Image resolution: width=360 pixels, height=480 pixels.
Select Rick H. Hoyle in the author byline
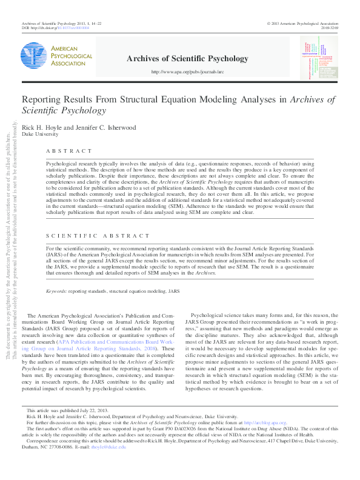[42, 127]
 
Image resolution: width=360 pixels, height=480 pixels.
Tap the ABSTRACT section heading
[70, 151]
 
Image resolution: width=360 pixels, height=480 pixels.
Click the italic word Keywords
[56, 292]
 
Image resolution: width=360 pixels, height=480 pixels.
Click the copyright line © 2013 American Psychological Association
[309, 23]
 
